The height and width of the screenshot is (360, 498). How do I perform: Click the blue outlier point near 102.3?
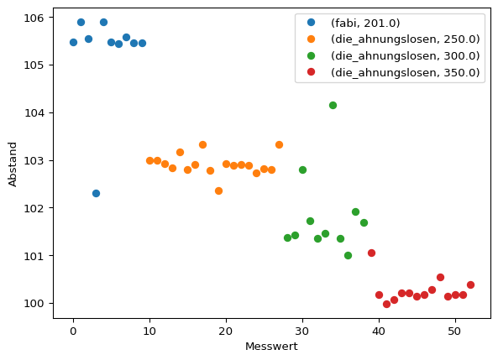(x=96, y=193)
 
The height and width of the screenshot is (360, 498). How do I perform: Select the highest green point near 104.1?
(x=333, y=105)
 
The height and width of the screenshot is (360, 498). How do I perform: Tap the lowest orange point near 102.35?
(x=218, y=190)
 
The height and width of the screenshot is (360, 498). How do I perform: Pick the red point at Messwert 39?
(x=371, y=253)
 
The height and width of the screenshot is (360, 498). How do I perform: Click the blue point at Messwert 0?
(x=73, y=42)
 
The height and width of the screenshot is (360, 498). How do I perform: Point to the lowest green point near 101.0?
(x=348, y=255)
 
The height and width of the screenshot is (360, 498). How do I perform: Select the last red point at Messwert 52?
(x=470, y=284)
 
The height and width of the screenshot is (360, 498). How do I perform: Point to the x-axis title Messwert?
(x=271, y=347)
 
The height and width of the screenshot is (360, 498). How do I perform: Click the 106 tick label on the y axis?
(x=36, y=18)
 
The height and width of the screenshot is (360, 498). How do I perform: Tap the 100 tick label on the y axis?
(x=36, y=303)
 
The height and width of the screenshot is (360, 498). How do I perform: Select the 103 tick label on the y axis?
(x=36, y=160)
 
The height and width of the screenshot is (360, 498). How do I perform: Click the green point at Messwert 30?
(x=302, y=170)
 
